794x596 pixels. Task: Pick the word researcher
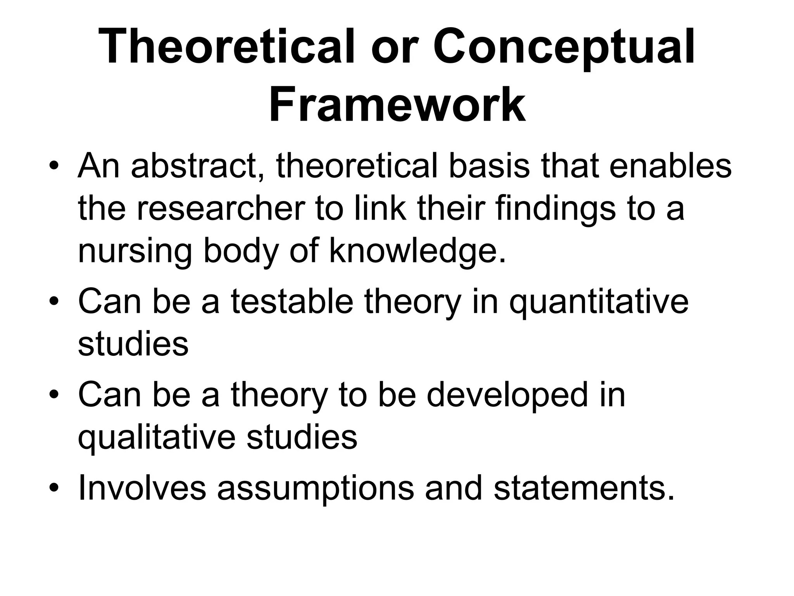pos(221,209)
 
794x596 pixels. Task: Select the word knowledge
pos(418,251)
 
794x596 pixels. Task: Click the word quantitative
pos(599,303)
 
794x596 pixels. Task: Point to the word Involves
pos(142,488)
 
